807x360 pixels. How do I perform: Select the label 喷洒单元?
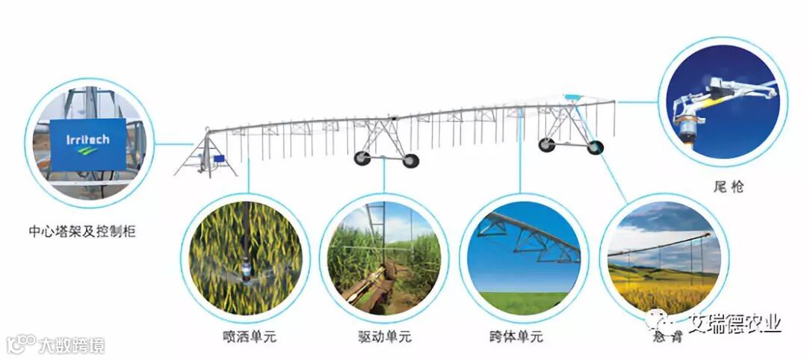[x=249, y=337]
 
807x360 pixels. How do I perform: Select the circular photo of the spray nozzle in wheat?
[x=247, y=258]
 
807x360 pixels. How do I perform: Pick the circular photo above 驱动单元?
[x=384, y=258]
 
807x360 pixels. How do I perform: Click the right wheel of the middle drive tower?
[x=409, y=160]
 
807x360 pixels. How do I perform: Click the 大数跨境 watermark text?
[x=71, y=345]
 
